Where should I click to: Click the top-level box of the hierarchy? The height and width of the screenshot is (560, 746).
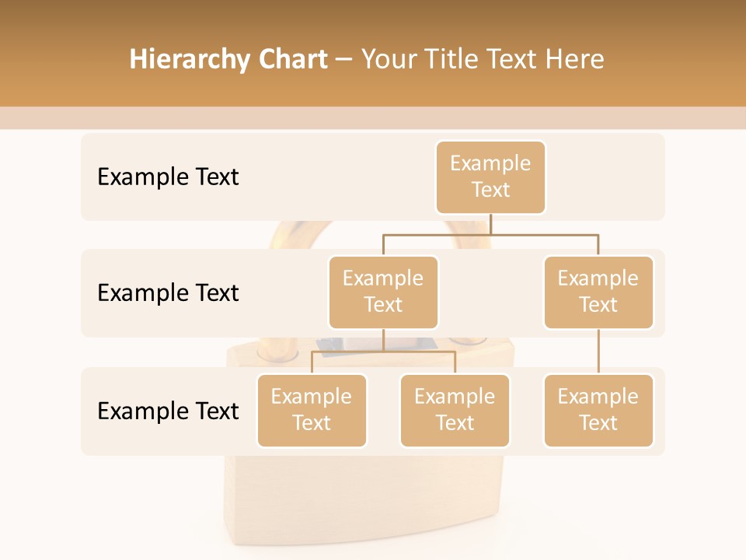click(x=490, y=177)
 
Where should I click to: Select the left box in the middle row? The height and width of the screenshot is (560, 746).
click(x=383, y=292)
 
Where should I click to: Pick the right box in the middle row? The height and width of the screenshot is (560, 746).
click(x=598, y=292)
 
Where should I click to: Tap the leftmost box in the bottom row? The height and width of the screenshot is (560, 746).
click(x=312, y=411)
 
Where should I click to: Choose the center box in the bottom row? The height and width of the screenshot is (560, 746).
click(x=455, y=411)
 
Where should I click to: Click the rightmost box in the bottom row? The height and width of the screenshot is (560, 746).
click(x=598, y=411)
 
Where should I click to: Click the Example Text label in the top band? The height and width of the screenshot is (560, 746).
click(x=168, y=177)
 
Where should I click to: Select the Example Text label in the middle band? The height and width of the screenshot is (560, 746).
click(x=168, y=293)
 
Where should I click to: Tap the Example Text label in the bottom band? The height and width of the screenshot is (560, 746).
click(x=168, y=411)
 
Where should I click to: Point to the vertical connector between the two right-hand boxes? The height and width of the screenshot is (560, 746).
click(x=598, y=352)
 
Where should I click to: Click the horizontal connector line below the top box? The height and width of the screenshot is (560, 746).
click(x=490, y=233)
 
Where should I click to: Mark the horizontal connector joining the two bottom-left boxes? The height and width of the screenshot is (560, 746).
click(x=383, y=352)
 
